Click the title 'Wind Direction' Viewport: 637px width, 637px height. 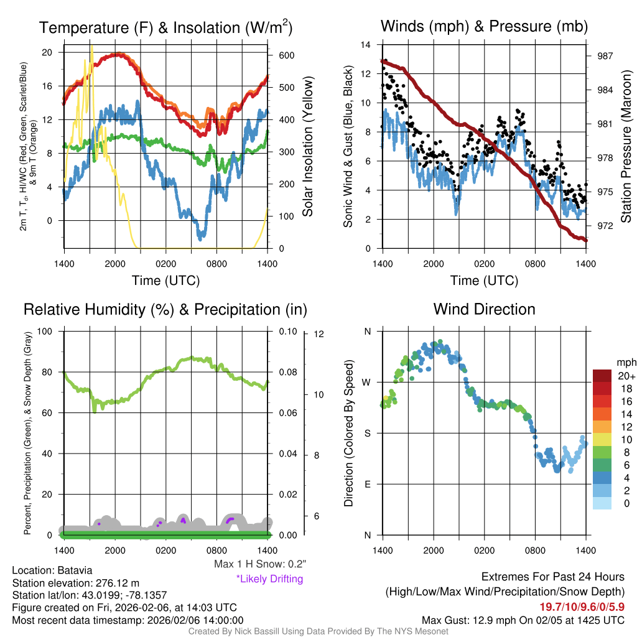(484, 309)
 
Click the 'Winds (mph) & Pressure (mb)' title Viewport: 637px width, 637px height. (484, 27)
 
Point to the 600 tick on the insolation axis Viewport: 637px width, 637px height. (286, 55)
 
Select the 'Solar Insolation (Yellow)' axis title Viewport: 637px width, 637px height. (307, 146)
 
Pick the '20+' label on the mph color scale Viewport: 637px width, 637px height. (626, 376)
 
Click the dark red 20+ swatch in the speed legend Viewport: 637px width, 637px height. (602, 376)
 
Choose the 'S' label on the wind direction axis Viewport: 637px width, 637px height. (367, 433)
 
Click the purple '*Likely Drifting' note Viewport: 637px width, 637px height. (269, 579)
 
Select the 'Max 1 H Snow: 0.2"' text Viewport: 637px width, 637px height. (259, 564)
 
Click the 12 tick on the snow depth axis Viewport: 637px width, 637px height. (320, 334)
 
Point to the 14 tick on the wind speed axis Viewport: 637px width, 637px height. (366, 45)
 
